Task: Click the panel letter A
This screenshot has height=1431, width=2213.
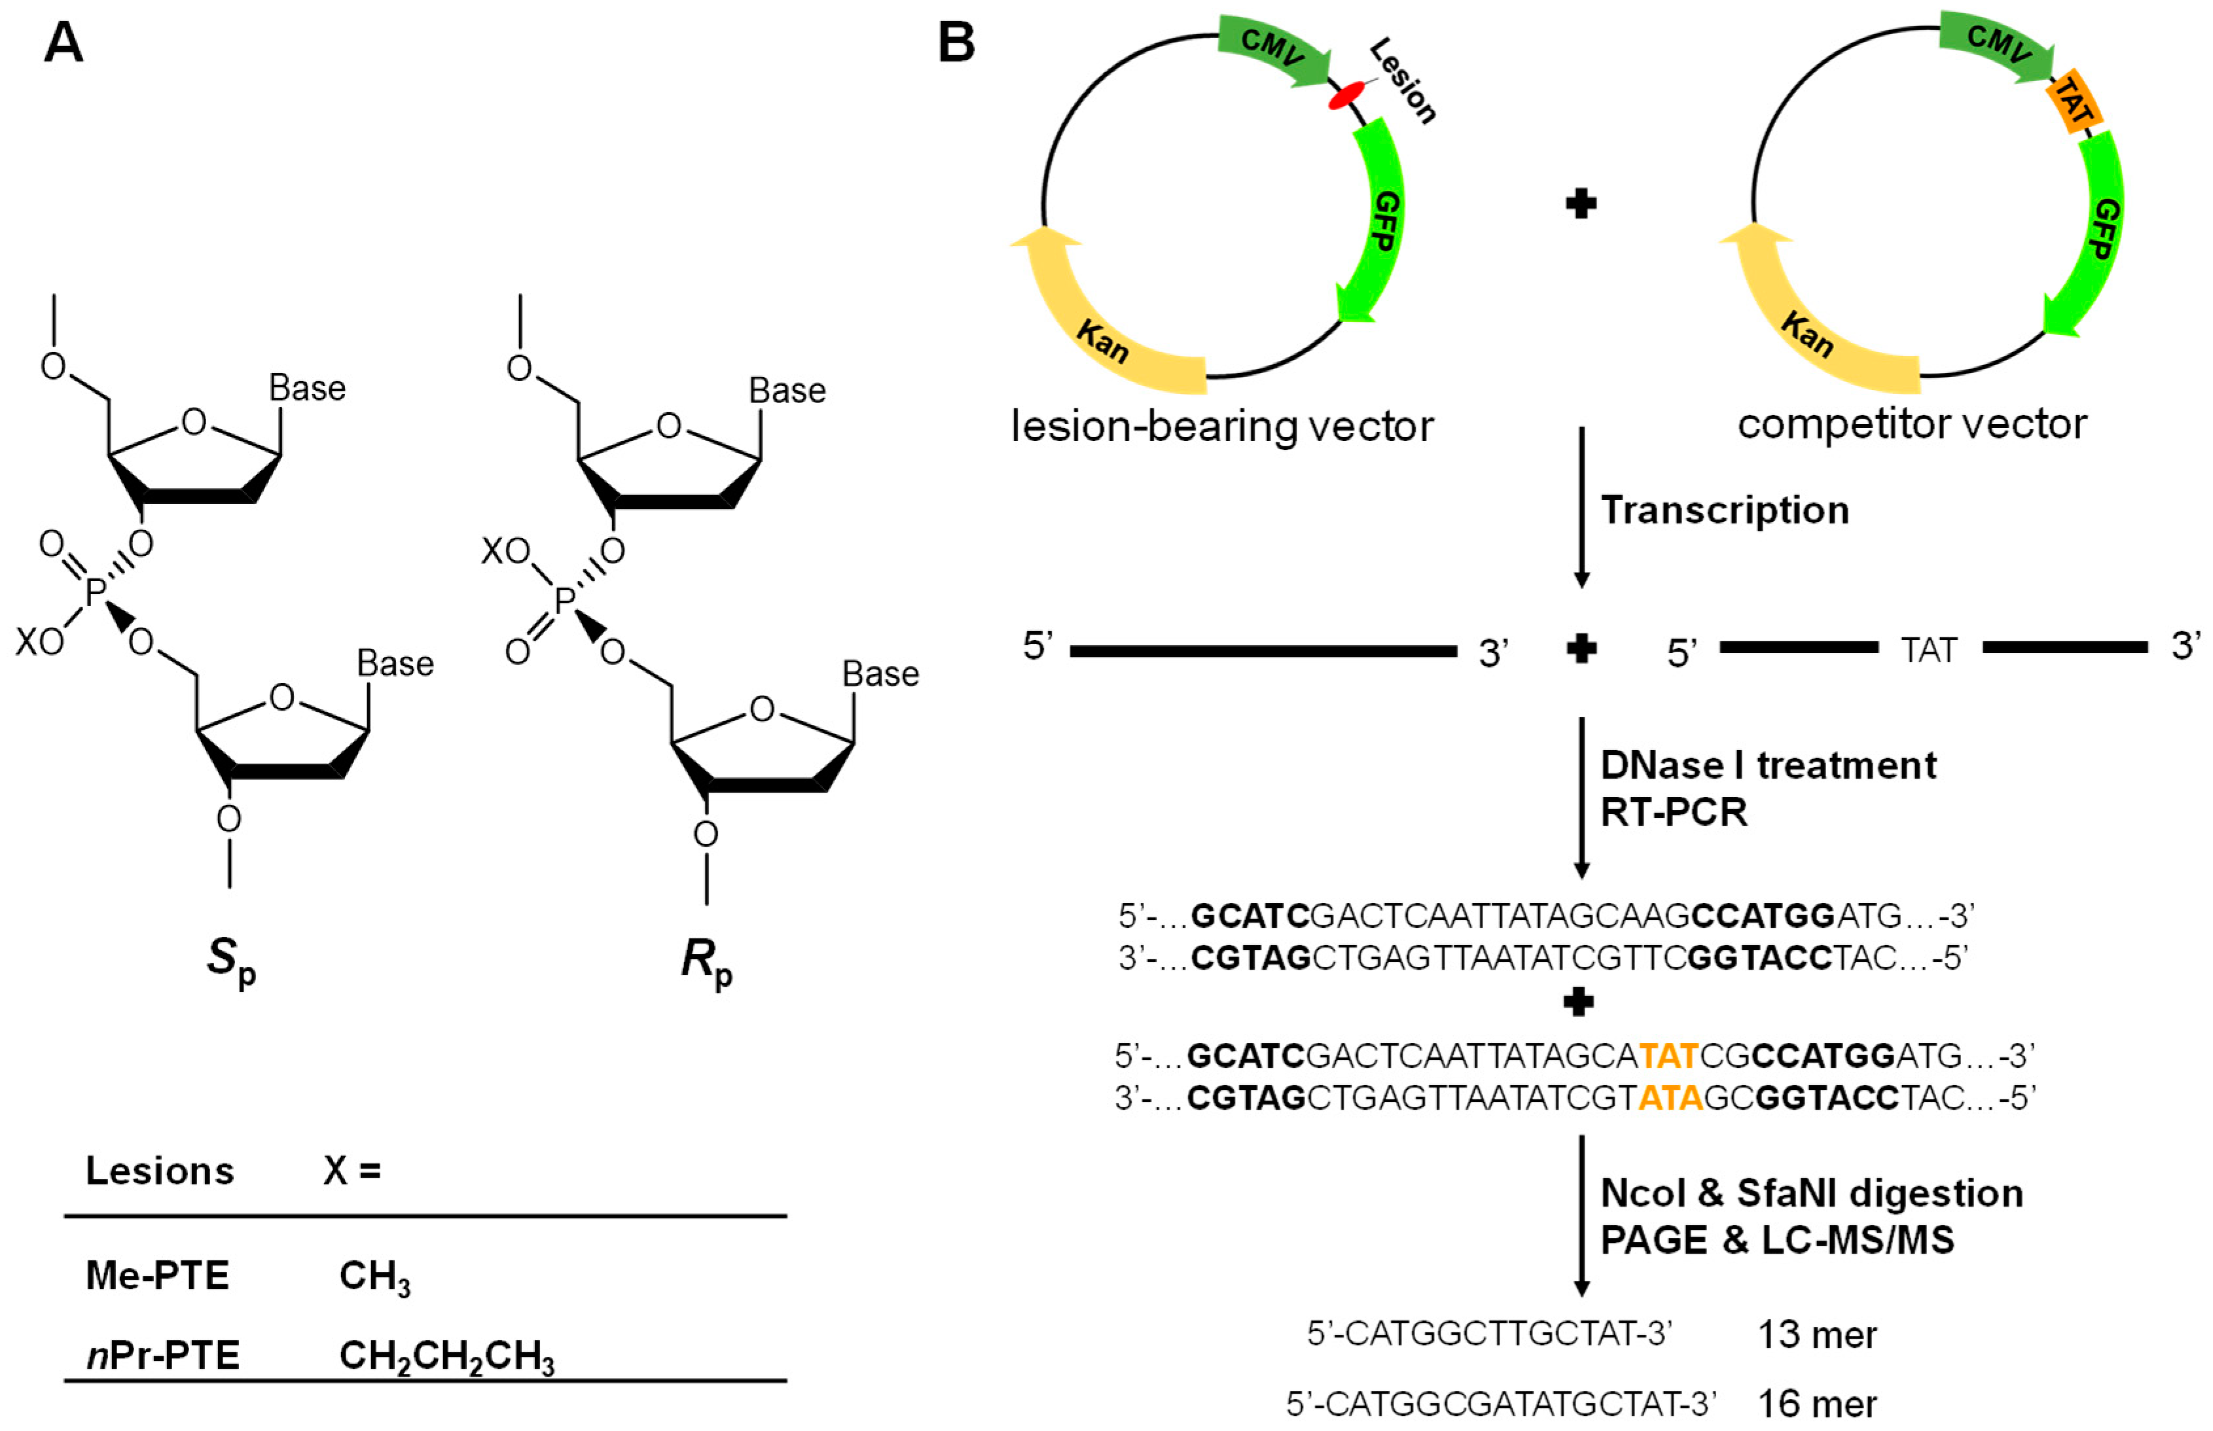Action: click(63, 43)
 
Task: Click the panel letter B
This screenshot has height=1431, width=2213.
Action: click(956, 43)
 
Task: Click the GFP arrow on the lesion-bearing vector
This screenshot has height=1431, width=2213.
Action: click(1376, 223)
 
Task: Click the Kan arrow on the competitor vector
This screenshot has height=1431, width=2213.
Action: click(1812, 325)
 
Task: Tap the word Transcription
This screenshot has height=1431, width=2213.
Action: click(1724, 510)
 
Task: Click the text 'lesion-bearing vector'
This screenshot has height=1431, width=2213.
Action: click(1221, 427)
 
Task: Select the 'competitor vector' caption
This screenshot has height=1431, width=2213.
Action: click(1912, 424)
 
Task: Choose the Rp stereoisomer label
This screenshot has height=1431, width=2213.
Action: click(706, 959)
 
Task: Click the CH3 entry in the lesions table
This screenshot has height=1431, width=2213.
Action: click(374, 1277)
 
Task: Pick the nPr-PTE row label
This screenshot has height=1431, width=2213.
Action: click(162, 1355)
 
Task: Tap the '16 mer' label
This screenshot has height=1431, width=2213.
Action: click(1817, 1403)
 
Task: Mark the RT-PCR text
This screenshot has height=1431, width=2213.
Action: click(1673, 812)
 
